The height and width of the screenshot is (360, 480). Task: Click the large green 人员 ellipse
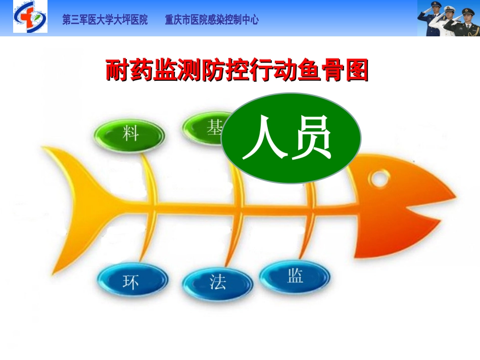tap(291, 138)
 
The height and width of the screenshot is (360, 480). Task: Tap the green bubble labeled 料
tap(129, 134)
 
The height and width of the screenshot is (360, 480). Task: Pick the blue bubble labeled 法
tap(217, 281)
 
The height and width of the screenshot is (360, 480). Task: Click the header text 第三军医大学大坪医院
tap(105, 20)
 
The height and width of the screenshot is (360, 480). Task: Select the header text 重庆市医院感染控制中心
tap(212, 20)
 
